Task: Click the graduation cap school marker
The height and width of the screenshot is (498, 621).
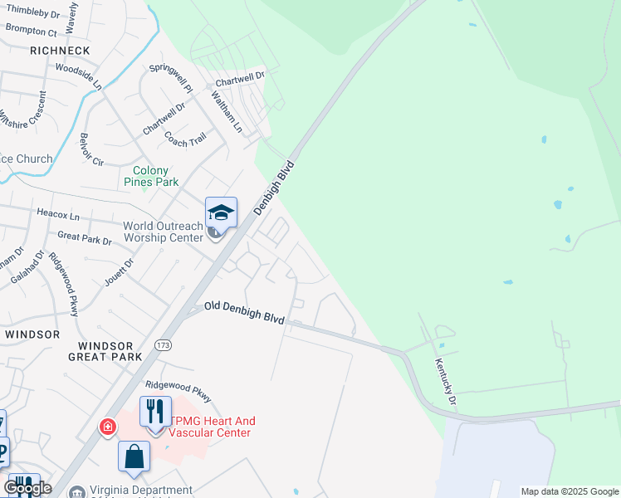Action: (x=221, y=212)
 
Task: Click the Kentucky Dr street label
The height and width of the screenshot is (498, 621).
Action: (x=446, y=383)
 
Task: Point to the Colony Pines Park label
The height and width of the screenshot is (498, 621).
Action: (x=150, y=176)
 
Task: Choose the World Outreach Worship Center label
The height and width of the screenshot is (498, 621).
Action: (x=163, y=232)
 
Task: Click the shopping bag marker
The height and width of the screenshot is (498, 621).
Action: (x=134, y=457)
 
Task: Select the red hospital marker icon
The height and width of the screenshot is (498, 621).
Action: (x=107, y=427)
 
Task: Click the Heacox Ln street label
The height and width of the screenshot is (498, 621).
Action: (x=58, y=213)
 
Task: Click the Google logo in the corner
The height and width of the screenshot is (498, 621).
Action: (x=27, y=488)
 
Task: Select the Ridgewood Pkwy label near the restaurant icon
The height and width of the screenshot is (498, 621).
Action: (x=178, y=385)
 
